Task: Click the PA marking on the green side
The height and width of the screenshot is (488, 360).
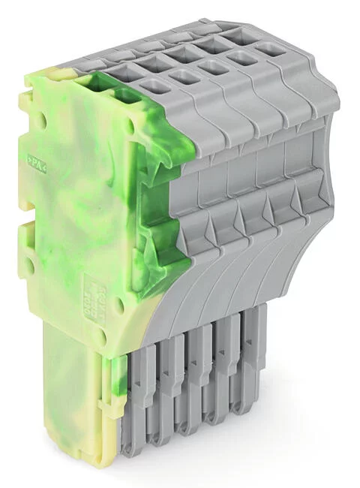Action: (x=35, y=160)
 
